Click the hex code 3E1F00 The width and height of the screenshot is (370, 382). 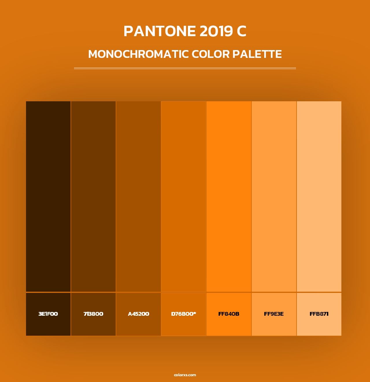tap(48, 314)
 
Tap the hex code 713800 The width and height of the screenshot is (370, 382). tap(93, 314)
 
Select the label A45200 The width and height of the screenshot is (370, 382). tap(138, 314)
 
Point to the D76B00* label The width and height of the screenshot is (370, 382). tap(184, 314)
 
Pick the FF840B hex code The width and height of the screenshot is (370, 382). tap(229, 314)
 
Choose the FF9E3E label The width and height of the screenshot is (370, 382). tap(274, 314)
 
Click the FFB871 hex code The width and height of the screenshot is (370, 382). tap(319, 314)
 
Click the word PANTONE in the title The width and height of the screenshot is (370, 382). tap(159, 31)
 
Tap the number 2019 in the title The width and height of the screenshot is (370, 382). tap(216, 31)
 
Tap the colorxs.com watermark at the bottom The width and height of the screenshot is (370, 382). tap(185, 375)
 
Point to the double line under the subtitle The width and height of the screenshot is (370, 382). tap(185, 68)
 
